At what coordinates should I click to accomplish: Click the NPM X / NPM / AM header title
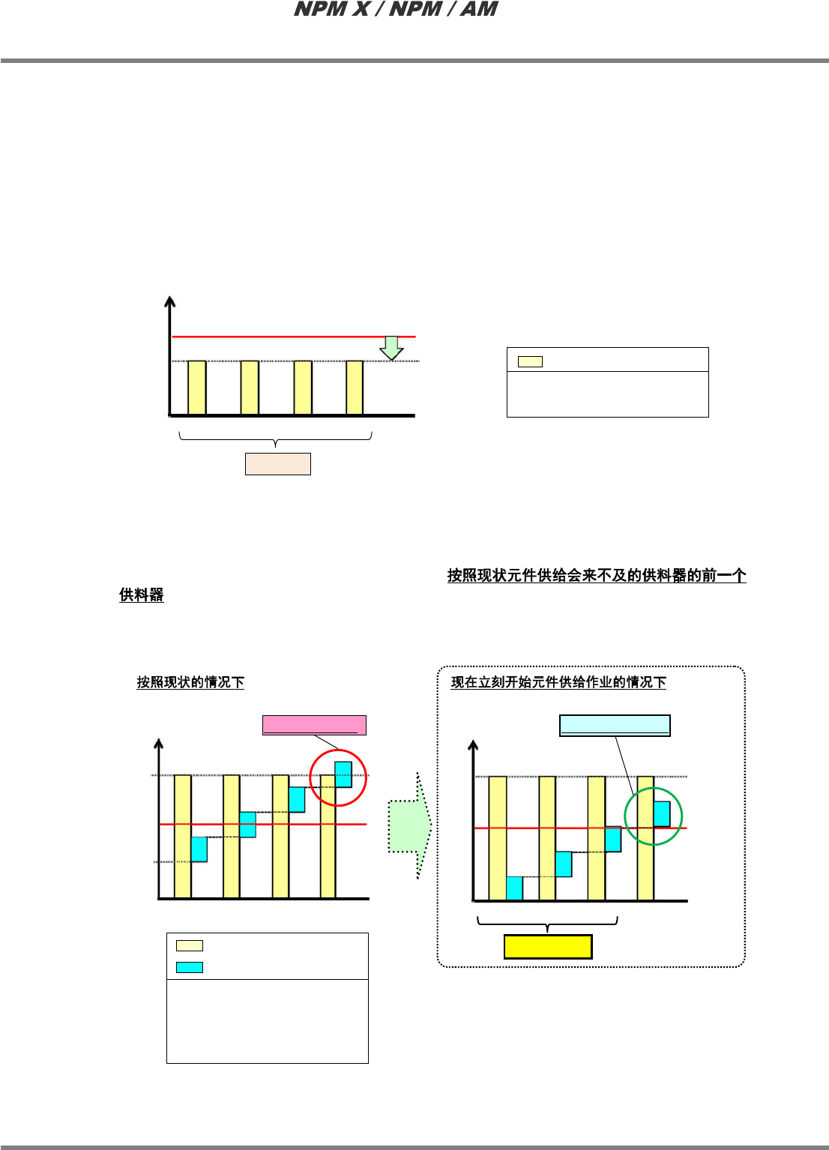pyautogui.click(x=396, y=10)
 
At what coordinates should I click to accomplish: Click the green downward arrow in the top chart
pyautogui.click(x=391, y=348)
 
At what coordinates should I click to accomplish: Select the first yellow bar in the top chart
pyautogui.click(x=196, y=388)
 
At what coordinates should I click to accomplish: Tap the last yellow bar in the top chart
pyautogui.click(x=355, y=388)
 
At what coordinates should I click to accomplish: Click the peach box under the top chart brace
pyautogui.click(x=277, y=464)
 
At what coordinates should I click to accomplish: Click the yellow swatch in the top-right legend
pyautogui.click(x=530, y=361)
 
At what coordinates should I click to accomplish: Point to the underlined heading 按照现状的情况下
pyautogui.click(x=190, y=682)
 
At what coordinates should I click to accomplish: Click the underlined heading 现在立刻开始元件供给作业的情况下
pyautogui.click(x=558, y=682)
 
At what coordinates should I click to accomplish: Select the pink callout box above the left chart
pyautogui.click(x=314, y=725)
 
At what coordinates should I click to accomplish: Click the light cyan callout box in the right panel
pyautogui.click(x=615, y=726)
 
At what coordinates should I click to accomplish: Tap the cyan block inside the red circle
pyautogui.click(x=343, y=774)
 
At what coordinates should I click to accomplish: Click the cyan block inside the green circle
pyautogui.click(x=662, y=814)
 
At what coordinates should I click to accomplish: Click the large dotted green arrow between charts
pyautogui.click(x=410, y=826)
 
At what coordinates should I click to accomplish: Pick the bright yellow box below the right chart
pyautogui.click(x=548, y=947)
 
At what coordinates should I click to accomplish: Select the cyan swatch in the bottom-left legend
pyautogui.click(x=189, y=967)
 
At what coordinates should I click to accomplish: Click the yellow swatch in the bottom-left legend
pyautogui.click(x=189, y=945)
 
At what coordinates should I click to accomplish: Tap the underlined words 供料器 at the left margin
pyautogui.click(x=141, y=595)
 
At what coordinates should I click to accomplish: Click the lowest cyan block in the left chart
pyautogui.click(x=199, y=849)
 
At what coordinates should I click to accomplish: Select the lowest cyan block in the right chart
pyautogui.click(x=514, y=888)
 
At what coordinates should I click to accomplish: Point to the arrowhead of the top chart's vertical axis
pyautogui.click(x=170, y=301)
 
